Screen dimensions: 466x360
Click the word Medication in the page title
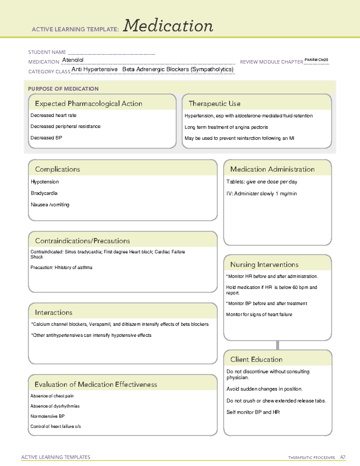[168, 26]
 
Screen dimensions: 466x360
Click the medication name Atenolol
[73, 60]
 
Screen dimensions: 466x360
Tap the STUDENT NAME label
[47, 52]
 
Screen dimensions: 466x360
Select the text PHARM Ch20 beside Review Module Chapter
[316, 60]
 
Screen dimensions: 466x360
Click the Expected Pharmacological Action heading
[88, 104]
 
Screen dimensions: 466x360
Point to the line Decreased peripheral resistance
[65, 126]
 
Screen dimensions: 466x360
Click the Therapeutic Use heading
[214, 104]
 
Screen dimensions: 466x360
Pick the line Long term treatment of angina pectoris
[226, 127]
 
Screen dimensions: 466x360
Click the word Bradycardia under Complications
[44, 193]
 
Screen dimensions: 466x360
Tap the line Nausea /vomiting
[50, 205]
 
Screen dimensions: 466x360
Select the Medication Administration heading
[272, 169]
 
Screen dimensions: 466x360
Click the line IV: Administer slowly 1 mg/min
[262, 194]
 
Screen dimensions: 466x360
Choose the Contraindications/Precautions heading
[82, 241]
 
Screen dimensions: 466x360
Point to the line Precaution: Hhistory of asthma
[61, 267]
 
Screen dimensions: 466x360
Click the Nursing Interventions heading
[264, 264]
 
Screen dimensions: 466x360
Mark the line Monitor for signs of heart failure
[259, 314]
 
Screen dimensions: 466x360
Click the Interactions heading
[54, 312]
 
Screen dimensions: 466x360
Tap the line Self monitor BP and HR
[253, 412]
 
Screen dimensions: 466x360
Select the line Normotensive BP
[47, 416]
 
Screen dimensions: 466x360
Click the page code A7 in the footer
[343, 457]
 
